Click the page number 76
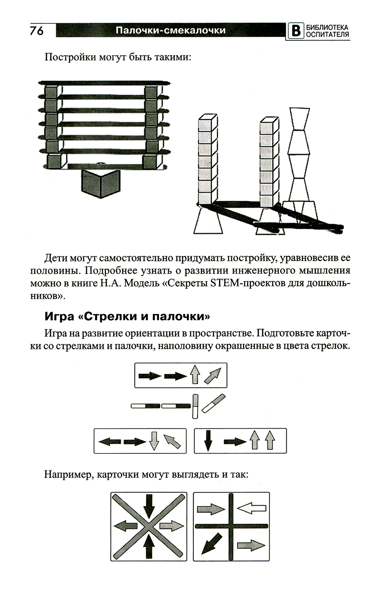[36, 31]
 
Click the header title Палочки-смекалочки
[170, 30]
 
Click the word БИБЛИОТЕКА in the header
[327, 27]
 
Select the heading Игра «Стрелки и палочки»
[127, 316]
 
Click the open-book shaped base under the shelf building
[101, 184]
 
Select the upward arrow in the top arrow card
[195, 374]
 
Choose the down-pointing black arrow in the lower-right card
[208, 441]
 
